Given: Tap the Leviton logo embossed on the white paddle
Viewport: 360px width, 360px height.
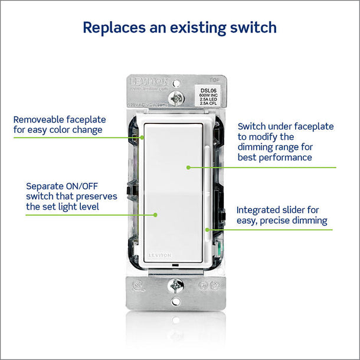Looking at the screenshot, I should [159, 255].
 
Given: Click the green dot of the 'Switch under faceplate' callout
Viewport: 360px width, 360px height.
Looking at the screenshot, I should [188, 168].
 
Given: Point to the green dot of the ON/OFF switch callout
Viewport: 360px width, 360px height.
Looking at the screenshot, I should [155, 215].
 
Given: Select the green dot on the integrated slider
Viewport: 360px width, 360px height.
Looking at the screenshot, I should [207, 229].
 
